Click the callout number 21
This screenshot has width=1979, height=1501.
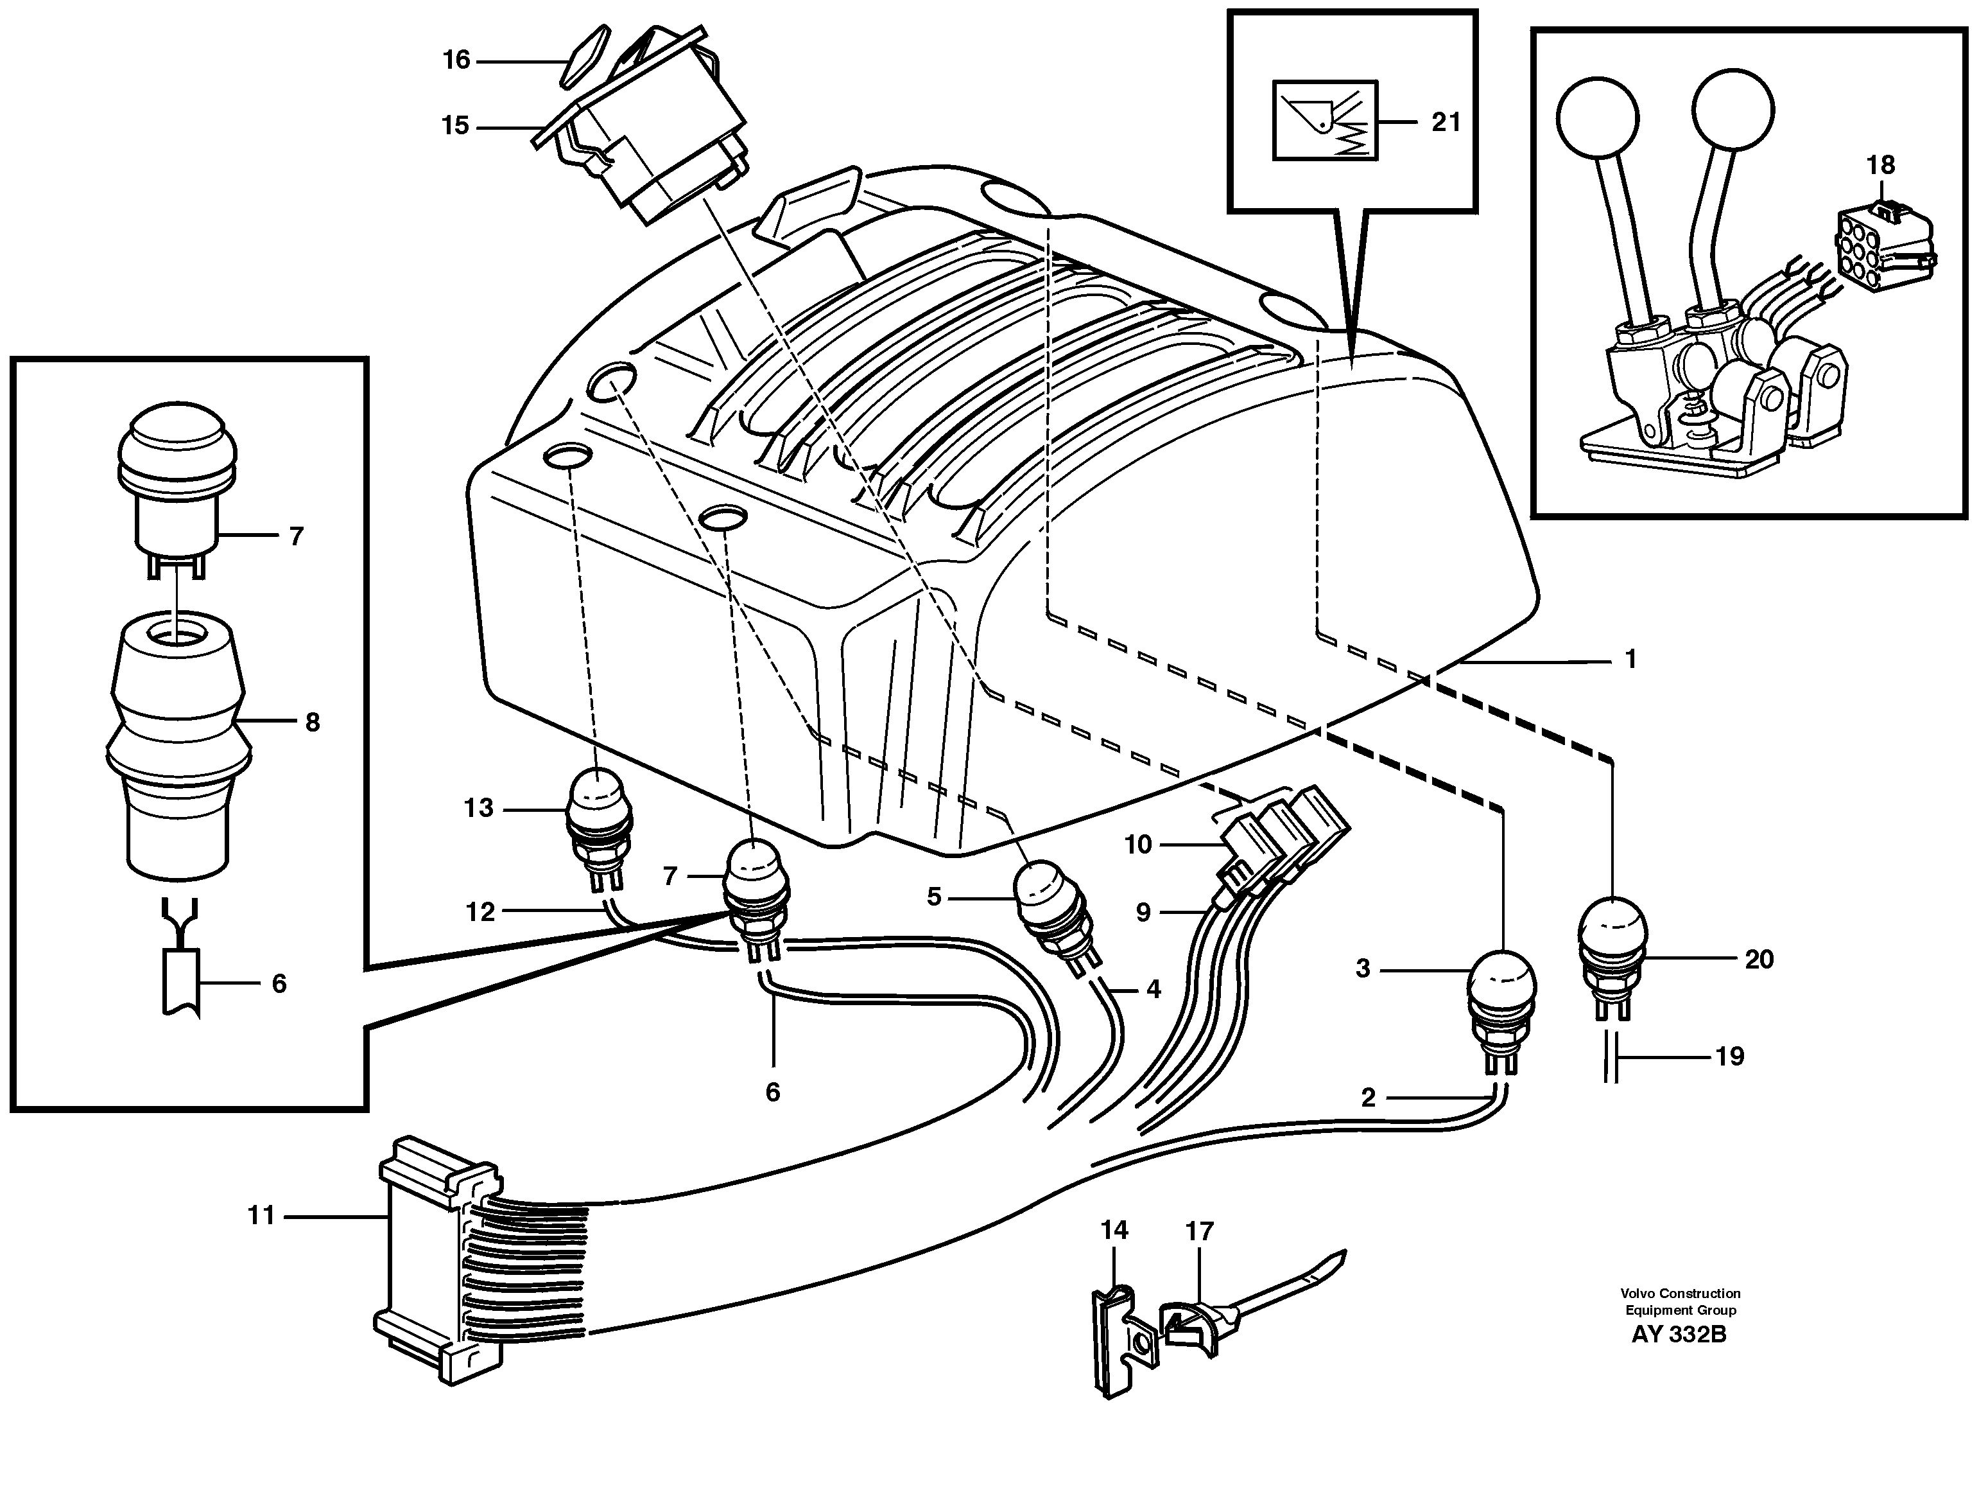click(1446, 122)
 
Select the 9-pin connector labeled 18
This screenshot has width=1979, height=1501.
click(1882, 243)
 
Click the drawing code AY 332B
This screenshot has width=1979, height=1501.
click(1679, 1358)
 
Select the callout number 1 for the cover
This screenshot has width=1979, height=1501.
click(1630, 660)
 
